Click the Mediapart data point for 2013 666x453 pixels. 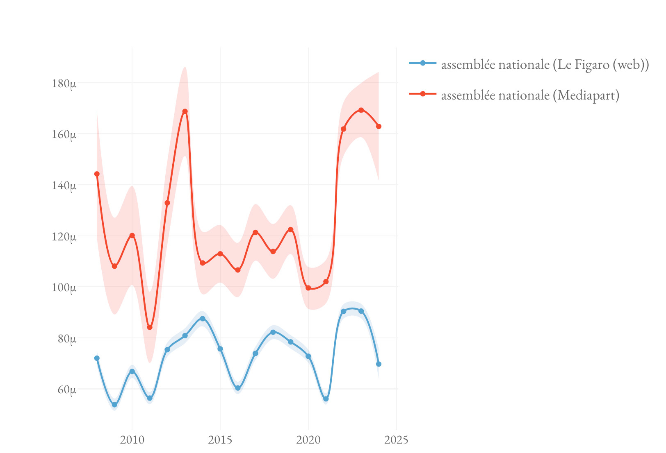185,111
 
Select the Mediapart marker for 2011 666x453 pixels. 150,327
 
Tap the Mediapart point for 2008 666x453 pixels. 97,174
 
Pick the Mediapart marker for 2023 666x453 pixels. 361,110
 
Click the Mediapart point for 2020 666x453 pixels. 308,288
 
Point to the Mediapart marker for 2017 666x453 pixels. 255,232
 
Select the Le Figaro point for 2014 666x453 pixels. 203,319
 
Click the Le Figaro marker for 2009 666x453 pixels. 114,405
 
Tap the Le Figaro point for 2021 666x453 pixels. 326,399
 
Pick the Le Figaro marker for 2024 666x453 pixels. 379,364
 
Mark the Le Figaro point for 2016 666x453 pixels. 238,388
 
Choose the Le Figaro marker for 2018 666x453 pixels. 273,332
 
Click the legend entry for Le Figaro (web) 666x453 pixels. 545,64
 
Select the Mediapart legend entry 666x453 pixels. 530,95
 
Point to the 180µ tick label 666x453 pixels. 64,84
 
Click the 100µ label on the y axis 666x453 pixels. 64,288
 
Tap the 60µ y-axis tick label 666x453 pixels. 66,390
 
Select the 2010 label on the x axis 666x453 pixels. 132,440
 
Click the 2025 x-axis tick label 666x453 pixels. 397,440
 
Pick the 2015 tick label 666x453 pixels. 220,440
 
